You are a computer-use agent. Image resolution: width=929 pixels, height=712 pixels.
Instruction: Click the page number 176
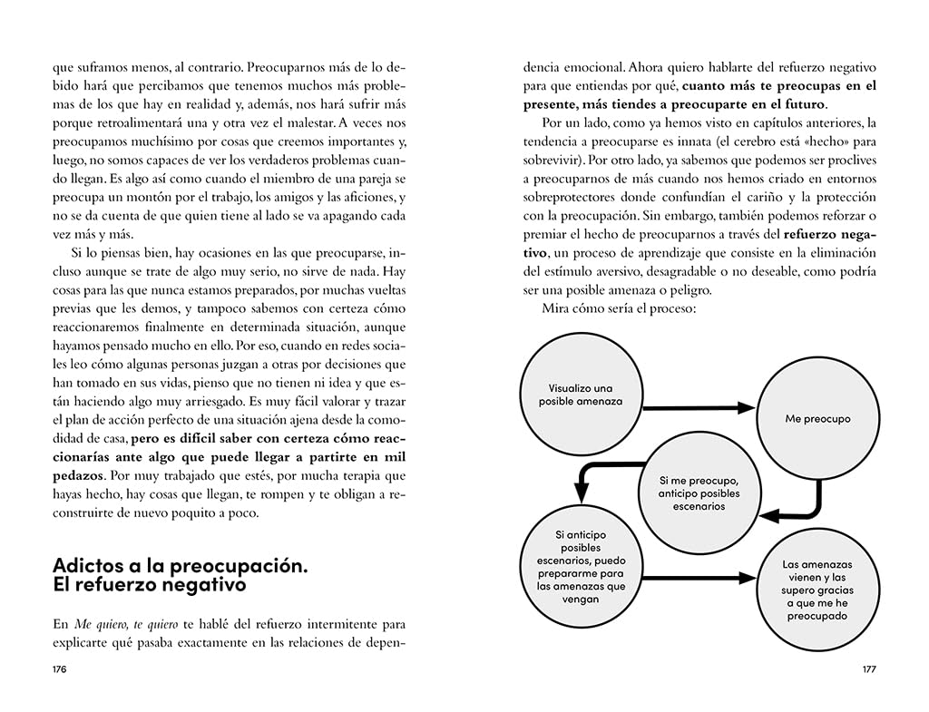point(60,669)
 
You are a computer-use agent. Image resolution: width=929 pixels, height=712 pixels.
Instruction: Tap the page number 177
point(868,669)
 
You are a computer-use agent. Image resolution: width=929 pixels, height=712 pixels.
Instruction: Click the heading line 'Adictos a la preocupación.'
point(181,566)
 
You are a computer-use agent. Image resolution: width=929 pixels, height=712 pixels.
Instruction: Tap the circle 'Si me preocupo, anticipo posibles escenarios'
point(699,493)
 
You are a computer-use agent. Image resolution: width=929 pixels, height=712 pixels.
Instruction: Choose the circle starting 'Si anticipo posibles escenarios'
point(581,567)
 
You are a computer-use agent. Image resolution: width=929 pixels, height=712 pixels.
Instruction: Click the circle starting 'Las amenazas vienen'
point(817,590)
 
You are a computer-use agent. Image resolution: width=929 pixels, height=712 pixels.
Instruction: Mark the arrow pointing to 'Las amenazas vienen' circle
point(699,577)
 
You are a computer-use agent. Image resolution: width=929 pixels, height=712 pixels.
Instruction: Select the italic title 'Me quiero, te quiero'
point(118,624)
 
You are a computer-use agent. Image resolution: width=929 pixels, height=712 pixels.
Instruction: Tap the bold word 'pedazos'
point(78,475)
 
